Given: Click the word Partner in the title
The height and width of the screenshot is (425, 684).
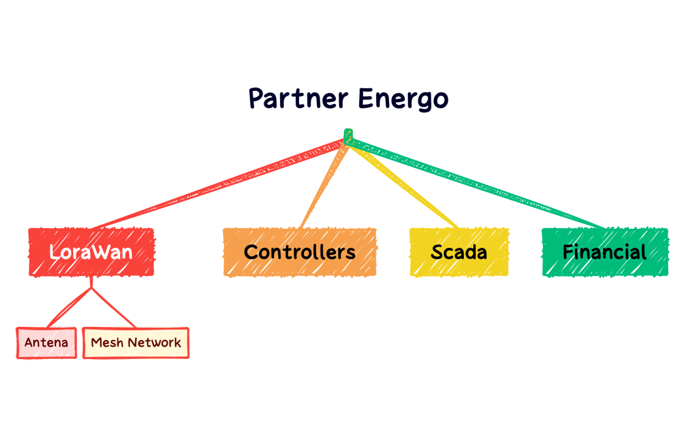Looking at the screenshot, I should click(297, 99).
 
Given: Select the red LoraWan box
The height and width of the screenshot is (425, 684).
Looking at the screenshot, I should click(91, 252).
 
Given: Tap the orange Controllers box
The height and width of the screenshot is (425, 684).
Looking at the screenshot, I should click(300, 252).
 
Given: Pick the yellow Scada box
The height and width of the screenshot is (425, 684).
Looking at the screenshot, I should click(459, 252).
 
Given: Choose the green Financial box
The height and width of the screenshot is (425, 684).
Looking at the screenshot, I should click(605, 252).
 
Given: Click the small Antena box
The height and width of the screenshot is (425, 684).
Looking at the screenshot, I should click(46, 343).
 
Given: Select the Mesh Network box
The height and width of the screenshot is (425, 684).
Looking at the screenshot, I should click(136, 343).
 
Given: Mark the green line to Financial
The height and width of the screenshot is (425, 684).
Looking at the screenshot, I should click(476, 183).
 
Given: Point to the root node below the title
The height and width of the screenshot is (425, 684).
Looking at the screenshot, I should click(348, 136).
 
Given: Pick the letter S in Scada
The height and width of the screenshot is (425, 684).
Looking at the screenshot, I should click(437, 252).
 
